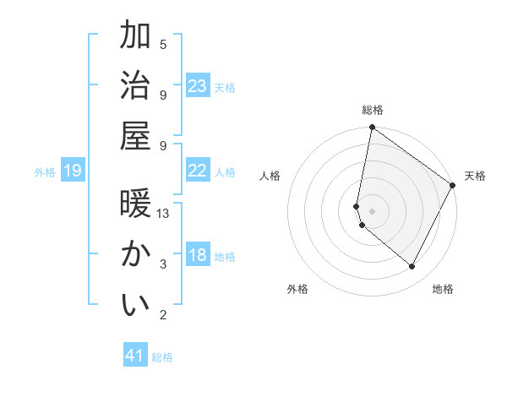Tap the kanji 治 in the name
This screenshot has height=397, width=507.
coord(136,84)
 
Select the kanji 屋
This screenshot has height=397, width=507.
coord(136,134)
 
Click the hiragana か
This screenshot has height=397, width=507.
coord(136,254)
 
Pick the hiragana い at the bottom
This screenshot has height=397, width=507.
coord(136,304)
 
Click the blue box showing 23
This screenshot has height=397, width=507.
coord(198,85)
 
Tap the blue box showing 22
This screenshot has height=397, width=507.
coord(198,171)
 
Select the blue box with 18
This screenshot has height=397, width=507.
coord(198,255)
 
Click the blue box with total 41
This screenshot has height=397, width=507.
coord(135,356)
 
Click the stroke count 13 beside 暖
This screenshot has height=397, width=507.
coord(164,214)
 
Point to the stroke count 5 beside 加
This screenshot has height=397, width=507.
coord(163,44)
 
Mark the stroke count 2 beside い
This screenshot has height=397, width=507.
coord(163,315)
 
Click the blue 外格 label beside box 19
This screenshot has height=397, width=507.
coord(45,172)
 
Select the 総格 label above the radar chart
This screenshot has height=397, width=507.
coord(373,110)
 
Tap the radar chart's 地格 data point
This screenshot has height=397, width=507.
coord(412,267)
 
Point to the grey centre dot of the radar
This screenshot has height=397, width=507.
coord(373,210)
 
